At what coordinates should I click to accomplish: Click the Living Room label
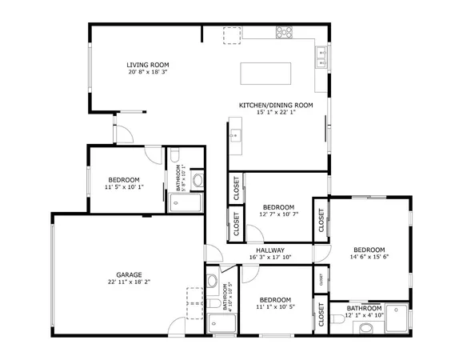pyautogui.click(x=147, y=65)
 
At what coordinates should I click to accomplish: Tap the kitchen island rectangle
pyautogui.click(x=267, y=73)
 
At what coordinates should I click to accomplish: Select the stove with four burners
pyautogui.click(x=284, y=32)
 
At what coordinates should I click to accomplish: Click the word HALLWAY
pyautogui.click(x=269, y=250)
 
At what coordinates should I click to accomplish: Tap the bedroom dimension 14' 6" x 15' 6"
pyautogui.click(x=369, y=257)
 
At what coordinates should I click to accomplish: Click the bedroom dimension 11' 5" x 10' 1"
pyautogui.click(x=124, y=187)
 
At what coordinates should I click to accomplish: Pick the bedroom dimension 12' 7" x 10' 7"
pyautogui.click(x=278, y=214)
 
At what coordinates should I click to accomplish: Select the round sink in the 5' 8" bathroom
pyautogui.click(x=198, y=180)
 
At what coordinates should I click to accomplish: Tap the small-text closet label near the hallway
pyautogui.click(x=321, y=280)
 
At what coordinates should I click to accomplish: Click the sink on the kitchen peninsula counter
pyautogui.click(x=235, y=136)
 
